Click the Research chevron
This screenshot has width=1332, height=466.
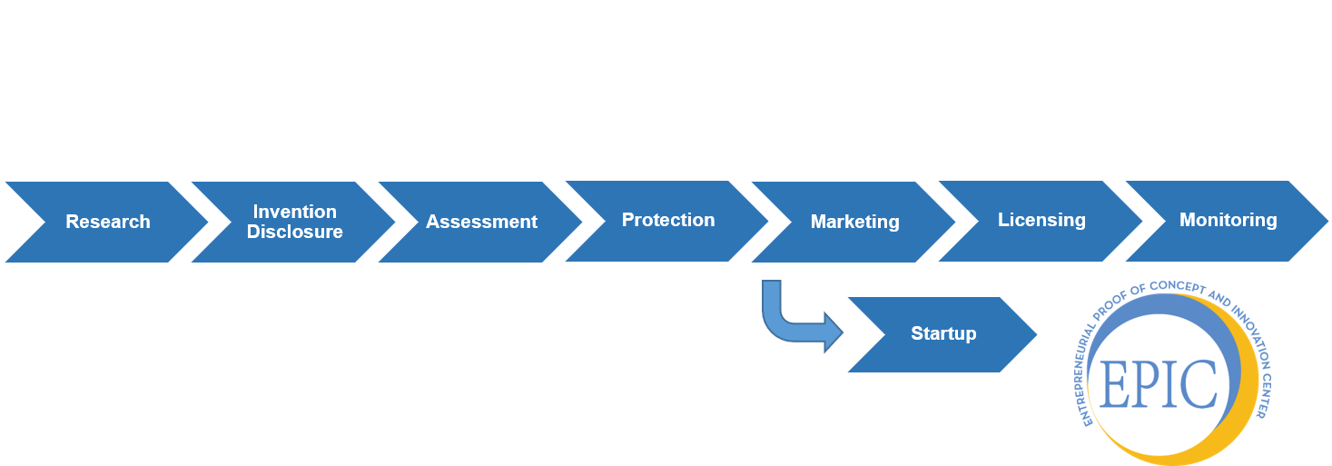[107, 222]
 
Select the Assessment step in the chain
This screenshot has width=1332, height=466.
[481, 222]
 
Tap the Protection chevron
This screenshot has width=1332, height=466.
[668, 221]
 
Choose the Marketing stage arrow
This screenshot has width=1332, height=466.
[854, 222]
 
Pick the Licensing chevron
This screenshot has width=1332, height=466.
[1041, 221]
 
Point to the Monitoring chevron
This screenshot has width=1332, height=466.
[1228, 221]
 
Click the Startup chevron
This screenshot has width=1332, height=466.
[943, 334]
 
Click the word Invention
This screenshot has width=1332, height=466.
[294, 212]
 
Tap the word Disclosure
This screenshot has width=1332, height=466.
[294, 232]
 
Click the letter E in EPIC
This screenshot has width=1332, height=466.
[1112, 383]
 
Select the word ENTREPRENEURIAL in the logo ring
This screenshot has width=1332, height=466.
[1089, 363]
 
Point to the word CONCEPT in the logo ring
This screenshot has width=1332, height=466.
[1176, 287]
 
